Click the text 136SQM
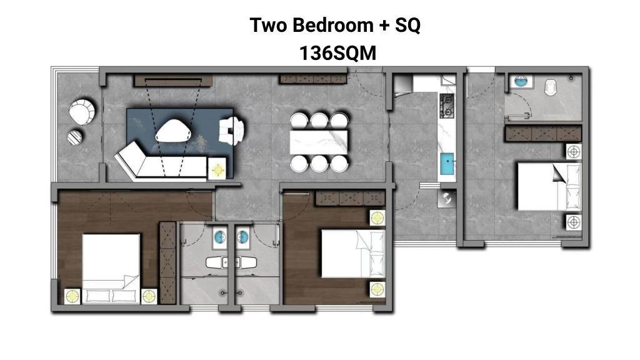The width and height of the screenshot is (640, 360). click(x=337, y=53)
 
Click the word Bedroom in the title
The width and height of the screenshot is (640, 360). click(x=333, y=25)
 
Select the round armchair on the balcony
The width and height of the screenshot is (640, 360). click(x=82, y=111)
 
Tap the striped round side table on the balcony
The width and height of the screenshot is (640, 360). click(x=75, y=137)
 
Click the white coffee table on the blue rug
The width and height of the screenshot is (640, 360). click(x=174, y=131)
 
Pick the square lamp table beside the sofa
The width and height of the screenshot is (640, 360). click(x=217, y=169)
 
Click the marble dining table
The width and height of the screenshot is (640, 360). click(x=319, y=142)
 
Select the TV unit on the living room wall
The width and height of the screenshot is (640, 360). click(x=173, y=81)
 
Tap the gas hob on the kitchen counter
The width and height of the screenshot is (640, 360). click(x=446, y=106)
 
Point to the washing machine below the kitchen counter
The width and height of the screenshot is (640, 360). click(x=447, y=199)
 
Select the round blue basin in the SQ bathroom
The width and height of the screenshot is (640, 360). click(x=521, y=81)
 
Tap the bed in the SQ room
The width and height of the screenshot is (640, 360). click(x=549, y=186)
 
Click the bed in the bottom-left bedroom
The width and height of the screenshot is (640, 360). click(x=111, y=269)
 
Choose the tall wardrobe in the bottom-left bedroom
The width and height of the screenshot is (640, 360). click(x=167, y=263)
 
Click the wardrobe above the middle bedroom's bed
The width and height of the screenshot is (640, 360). click(x=350, y=198)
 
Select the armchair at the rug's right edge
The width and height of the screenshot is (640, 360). click(x=231, y=131)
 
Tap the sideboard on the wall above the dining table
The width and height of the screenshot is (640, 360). click(x=313, y=79)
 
